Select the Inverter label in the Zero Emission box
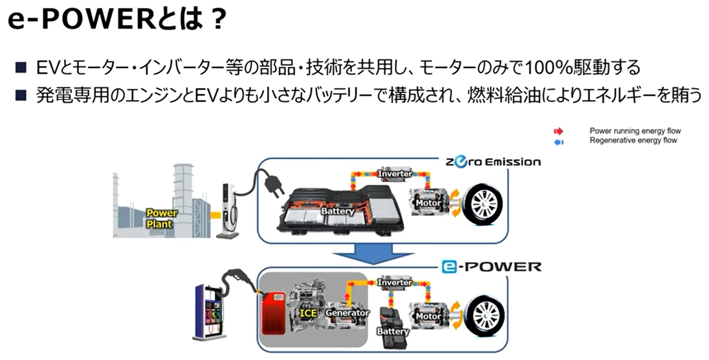click(x=395, y=173)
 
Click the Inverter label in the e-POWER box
click(x=395, y=282)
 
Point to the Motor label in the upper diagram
click(x=428, y=203)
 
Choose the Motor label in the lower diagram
click(x=428, y=316)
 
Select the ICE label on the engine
click(x=308, y=313)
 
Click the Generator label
click(x=347, y=313)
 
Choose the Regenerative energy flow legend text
click(x=633, y=141)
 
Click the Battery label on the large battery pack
click(x=337, y=211)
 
